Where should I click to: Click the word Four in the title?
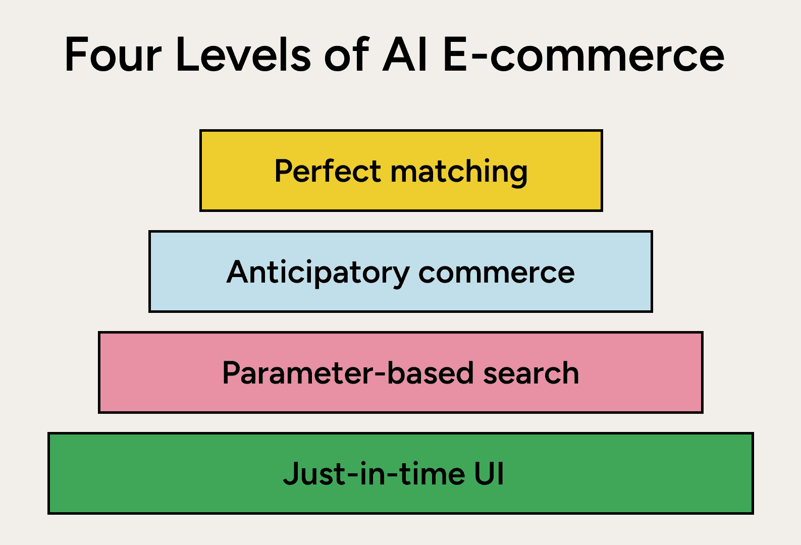[x=113, y=54]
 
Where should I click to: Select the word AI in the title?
[x=404, y=54]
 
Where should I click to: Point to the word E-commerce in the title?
[x=584, y=54]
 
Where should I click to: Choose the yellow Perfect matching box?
[x=401, y=171]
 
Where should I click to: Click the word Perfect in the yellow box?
[x=328, y=171]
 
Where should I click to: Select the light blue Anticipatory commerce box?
[x=401, y=271]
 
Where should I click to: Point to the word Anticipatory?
[x=318, y=273]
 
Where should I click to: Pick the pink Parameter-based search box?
[x=401, y=372]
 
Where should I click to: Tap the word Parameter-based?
[x=348, y=372]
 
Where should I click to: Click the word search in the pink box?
[x=531, y=372]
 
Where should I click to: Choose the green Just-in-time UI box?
[x=401, y=473]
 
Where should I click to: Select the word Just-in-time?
[x=374, y=473]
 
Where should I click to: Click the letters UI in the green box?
[x=489, y=473]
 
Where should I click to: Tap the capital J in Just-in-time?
[x=291, y=473]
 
